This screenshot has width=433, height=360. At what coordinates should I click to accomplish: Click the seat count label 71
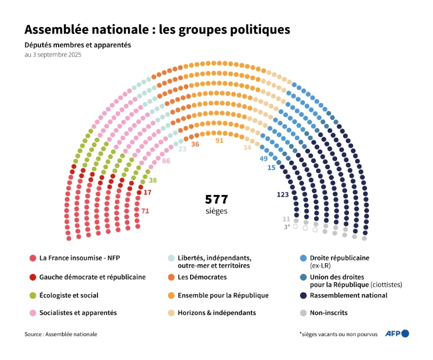[x=145, y=211]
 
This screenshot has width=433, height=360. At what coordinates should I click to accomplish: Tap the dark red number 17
[x=148, y=193]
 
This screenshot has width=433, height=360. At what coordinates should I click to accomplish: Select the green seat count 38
[x=152, y=181]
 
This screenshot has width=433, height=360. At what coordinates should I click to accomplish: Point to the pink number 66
[x=166, y=161]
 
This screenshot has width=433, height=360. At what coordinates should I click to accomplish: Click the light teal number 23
[x=182, y=149]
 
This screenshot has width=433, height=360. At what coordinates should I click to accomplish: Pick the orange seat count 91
[x=220, y=140]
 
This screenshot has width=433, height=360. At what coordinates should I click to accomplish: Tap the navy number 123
[x=282, y=194]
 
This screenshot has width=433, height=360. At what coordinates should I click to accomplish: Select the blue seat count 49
[x=263, y=159]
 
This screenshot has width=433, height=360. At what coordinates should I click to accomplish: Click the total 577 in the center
[x=216, y=199]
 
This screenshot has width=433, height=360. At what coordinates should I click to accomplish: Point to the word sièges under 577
[x=216, y=211]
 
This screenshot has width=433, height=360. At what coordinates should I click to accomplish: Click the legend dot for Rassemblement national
[x=303, y=295]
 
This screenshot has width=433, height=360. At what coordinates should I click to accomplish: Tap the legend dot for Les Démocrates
[x=171, y=277]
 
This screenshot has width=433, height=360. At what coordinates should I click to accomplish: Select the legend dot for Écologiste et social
[x=33, y=295]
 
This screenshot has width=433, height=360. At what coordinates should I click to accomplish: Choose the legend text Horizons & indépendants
[x=216, y=313]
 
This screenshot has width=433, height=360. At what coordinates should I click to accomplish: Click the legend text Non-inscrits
[x=329, y=313]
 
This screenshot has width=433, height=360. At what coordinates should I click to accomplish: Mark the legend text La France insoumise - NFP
[x=79, y=258]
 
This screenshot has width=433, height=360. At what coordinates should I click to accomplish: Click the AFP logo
[x=396, y=334]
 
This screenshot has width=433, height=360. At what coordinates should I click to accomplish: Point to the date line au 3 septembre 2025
[x=53, y=55]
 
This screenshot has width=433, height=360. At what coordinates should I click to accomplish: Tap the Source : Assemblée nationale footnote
[x=60, y=334]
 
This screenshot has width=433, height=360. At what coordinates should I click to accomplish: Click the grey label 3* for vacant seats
[x=286, y=226]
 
